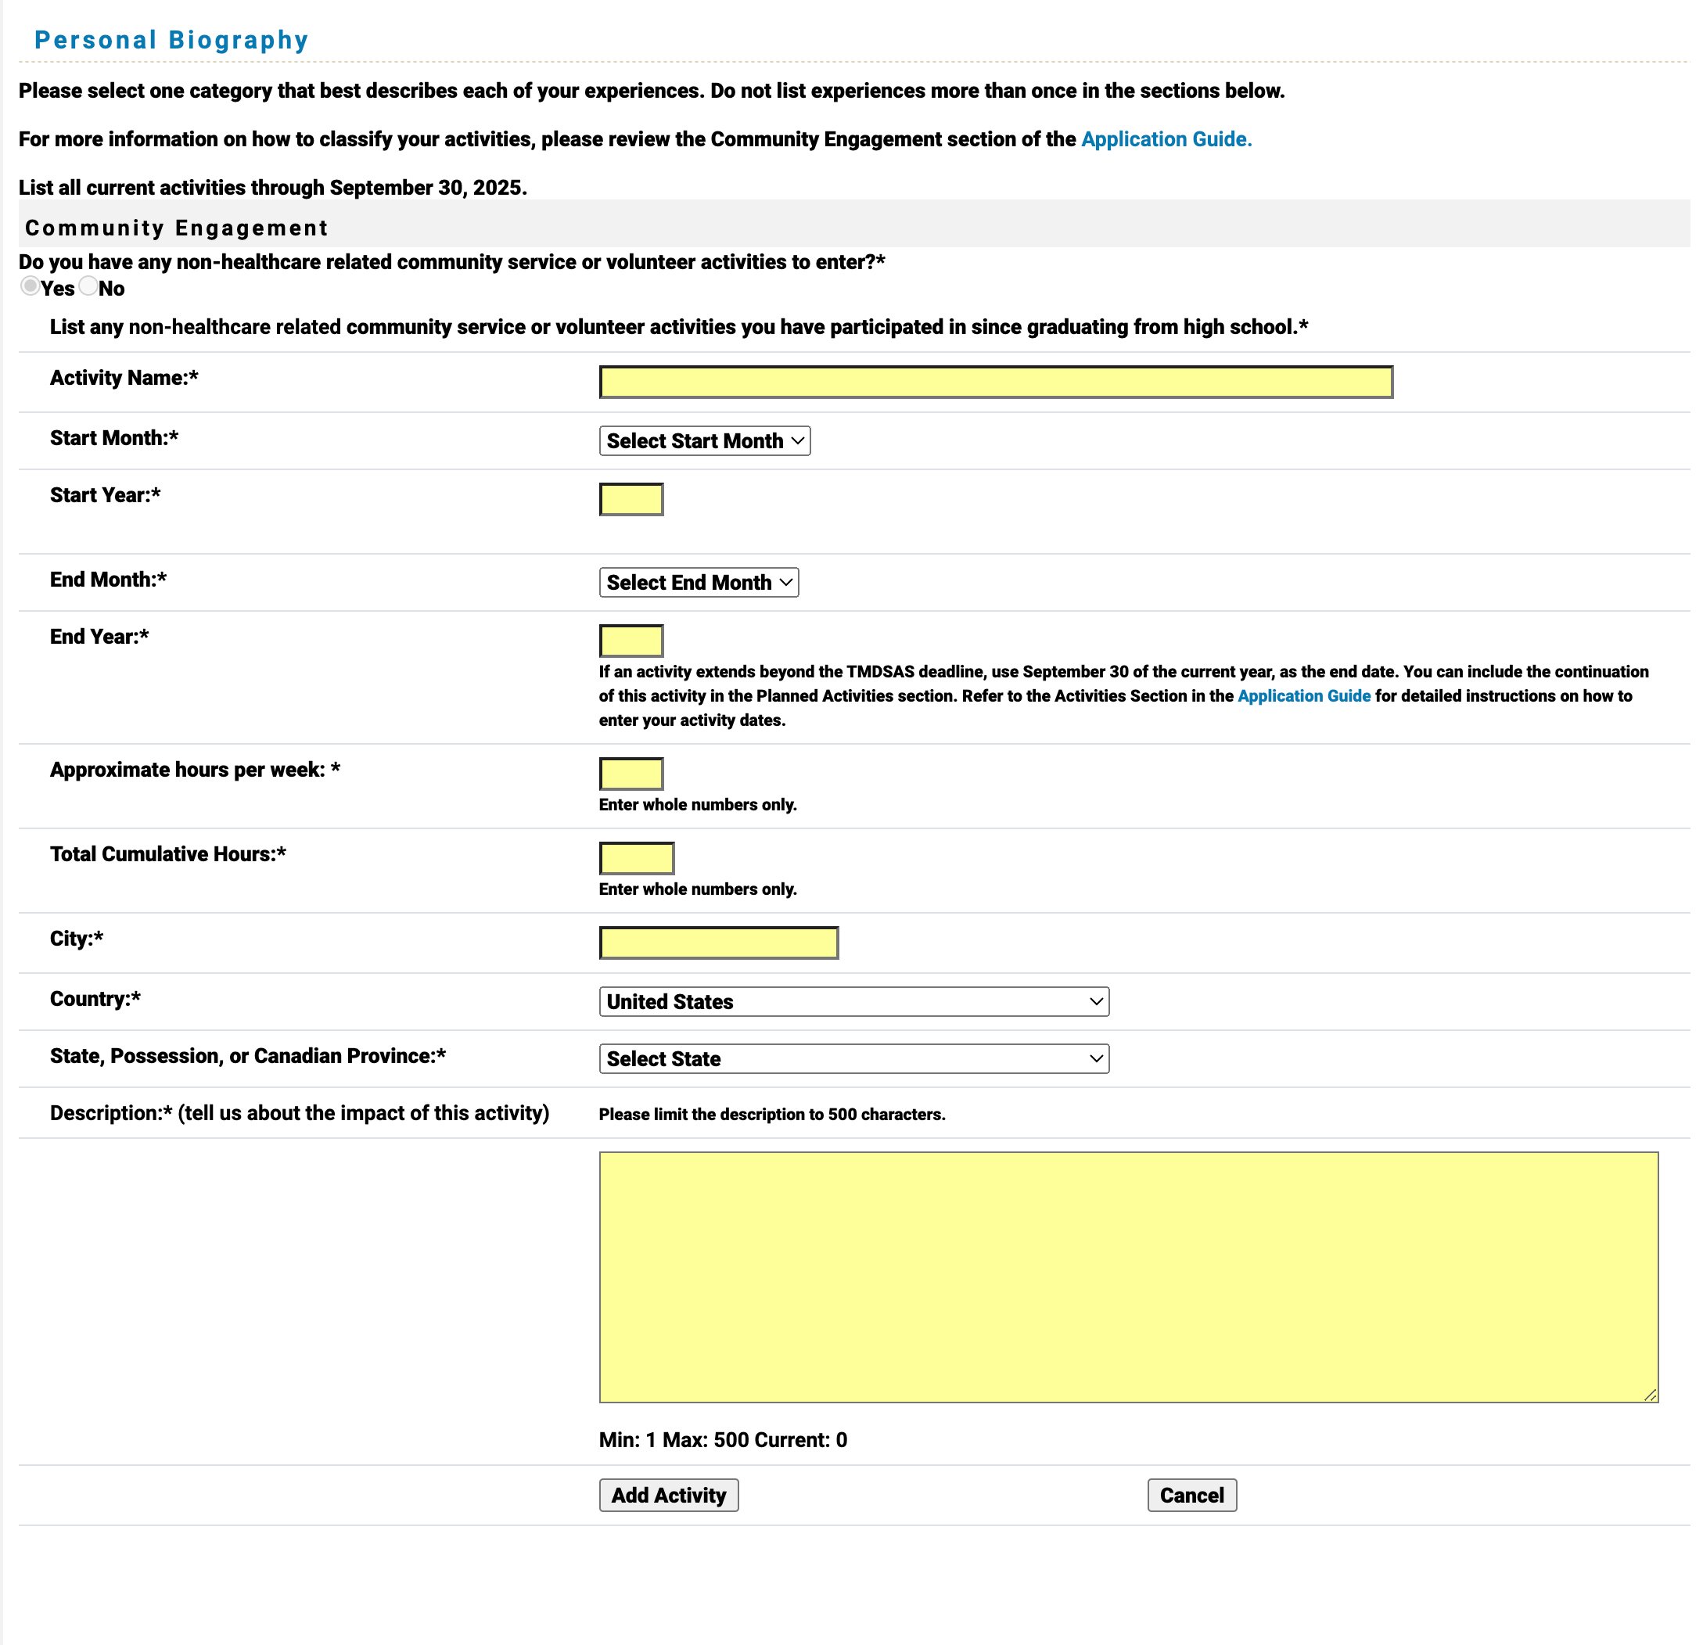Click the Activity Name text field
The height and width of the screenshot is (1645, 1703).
click(995, 383)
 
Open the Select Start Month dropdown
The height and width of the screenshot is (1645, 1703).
click(704, 440)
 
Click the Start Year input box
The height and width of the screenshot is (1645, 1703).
click(631, 500)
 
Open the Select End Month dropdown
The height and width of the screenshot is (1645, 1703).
click(698, 582)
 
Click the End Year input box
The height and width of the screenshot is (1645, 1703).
click(631, 641)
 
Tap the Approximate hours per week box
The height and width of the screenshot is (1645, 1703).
click(631, 774)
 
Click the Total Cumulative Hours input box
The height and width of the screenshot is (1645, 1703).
click(636, 857)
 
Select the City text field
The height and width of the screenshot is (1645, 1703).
click(719, 943)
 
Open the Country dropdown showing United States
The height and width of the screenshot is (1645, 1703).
click(853, 1002)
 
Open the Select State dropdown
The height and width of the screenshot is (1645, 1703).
click(853, 1058)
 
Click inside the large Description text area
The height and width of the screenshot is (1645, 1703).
click(1128, 1277)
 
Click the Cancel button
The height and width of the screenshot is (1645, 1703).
click(1191, 1495)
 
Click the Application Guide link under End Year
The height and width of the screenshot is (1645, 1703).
click(1303, 696)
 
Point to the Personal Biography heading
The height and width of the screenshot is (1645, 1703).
click(171, 40)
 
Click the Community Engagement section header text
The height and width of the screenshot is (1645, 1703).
click(176, 228)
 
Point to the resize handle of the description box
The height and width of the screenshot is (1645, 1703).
click(1650, 1395)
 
